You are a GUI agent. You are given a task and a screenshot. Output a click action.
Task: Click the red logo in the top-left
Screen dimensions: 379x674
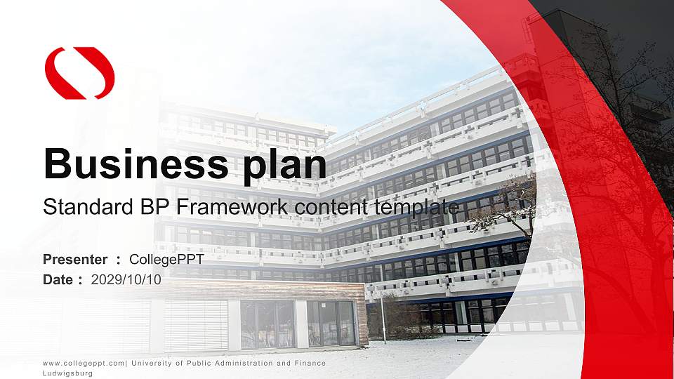pos(79,73)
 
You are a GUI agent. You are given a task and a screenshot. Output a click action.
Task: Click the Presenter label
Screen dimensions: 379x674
pos(76,260)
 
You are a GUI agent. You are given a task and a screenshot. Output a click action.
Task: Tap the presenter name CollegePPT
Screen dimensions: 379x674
pos(166,260)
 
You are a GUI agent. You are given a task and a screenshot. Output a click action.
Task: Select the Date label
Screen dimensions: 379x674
pos(58,279)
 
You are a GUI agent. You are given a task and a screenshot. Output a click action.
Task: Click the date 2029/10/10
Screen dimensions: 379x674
pos(126,279)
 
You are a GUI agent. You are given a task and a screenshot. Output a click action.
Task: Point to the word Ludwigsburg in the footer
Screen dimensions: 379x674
pos(68,373)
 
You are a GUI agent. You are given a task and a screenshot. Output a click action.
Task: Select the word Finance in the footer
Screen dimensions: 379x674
pos(311,363)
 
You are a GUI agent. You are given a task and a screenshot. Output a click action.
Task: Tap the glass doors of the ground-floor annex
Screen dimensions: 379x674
pos(330,324)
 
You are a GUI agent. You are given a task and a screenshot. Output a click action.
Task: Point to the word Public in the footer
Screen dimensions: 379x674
pos(192,363)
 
